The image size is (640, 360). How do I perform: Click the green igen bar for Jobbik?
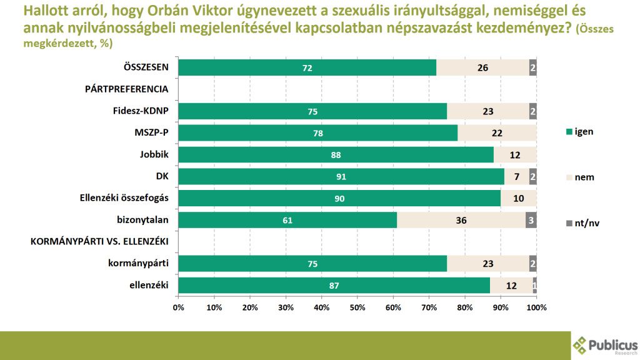(x=335, y=154)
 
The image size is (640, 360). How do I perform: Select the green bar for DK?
(x=341, y=176)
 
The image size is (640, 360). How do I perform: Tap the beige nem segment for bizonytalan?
(x=461, y=220)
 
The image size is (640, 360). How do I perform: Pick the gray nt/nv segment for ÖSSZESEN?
(x=532, y=67)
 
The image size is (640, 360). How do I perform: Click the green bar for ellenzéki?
(x=334, y=285)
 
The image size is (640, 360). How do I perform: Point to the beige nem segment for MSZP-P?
(x=497, y=133)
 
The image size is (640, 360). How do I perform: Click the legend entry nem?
(x=579, y=177)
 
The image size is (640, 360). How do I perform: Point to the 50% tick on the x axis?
(x=357, y=307)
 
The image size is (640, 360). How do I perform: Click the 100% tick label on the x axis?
(x=536, y=307)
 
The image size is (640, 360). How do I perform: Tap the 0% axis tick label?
(x=178, y=307)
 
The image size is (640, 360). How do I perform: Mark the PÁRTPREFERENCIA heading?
(x=127, y=89)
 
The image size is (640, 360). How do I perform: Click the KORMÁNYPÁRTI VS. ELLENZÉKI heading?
(x=101, y=242)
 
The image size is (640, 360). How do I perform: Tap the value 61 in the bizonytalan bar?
(x=287, y=220)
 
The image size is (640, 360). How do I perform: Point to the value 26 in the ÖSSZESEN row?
(x=482, y=67)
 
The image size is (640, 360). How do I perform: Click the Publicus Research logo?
(x=604, y=346)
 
